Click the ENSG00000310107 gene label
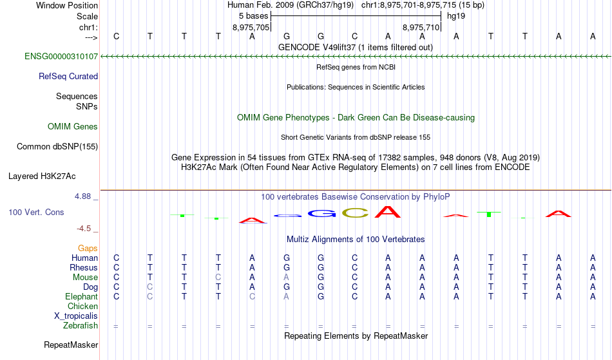61,57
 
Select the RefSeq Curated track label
68,77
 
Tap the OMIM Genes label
73,127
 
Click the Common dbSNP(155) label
57,147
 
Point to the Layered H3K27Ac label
42,176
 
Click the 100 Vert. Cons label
36,212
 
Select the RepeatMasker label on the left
71,345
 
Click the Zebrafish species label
81,326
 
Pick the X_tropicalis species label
76,316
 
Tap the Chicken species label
82,306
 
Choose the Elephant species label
82,297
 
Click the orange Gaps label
88,249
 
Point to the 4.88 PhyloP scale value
82,196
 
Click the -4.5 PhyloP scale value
84,229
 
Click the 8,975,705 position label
251,27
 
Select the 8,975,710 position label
421,27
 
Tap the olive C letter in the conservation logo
355,213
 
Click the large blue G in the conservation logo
321,213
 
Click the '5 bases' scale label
254,16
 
